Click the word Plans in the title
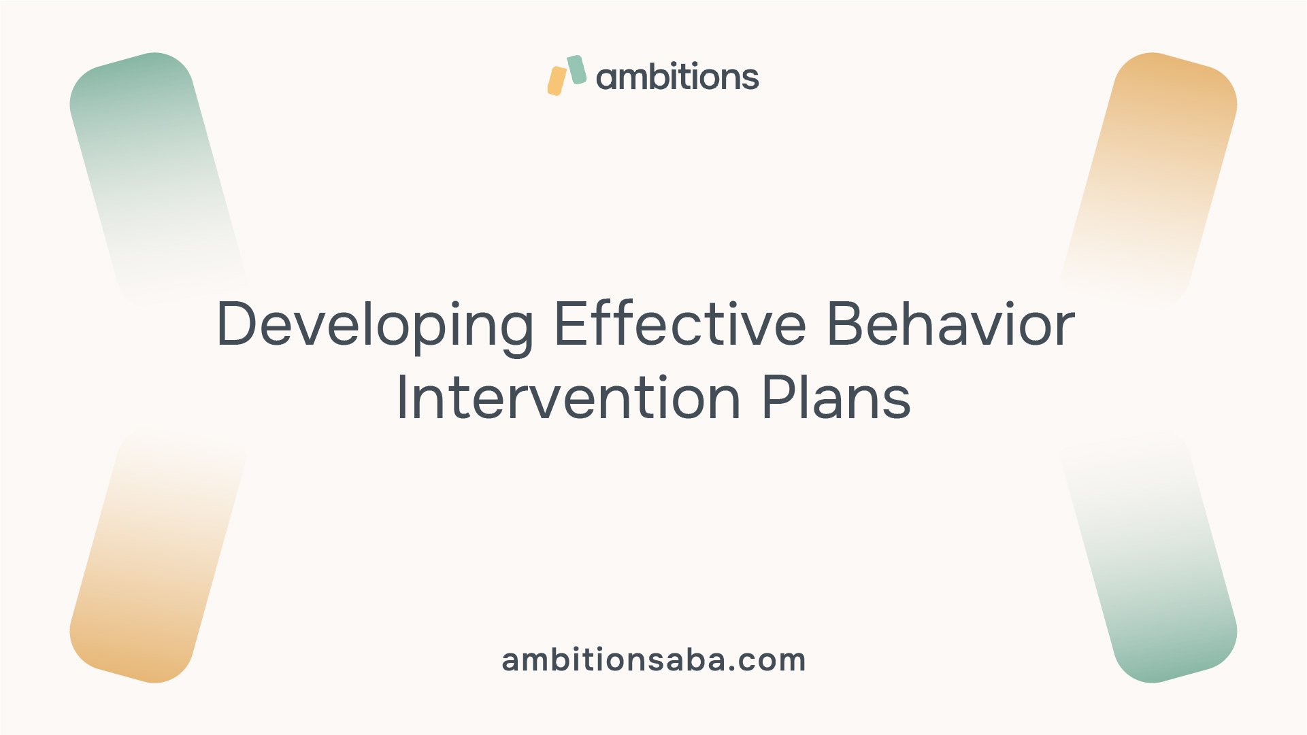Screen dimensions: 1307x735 [836, 397]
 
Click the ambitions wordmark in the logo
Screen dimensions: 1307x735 [678, 75]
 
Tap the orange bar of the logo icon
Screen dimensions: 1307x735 [557, 81]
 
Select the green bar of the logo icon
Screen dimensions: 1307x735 [577, 69]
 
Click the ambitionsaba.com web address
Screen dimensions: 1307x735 [654, 660]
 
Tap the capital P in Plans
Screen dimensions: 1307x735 [779, 397]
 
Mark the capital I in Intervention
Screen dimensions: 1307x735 [401, 397]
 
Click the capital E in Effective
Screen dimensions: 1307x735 [570, 323]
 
